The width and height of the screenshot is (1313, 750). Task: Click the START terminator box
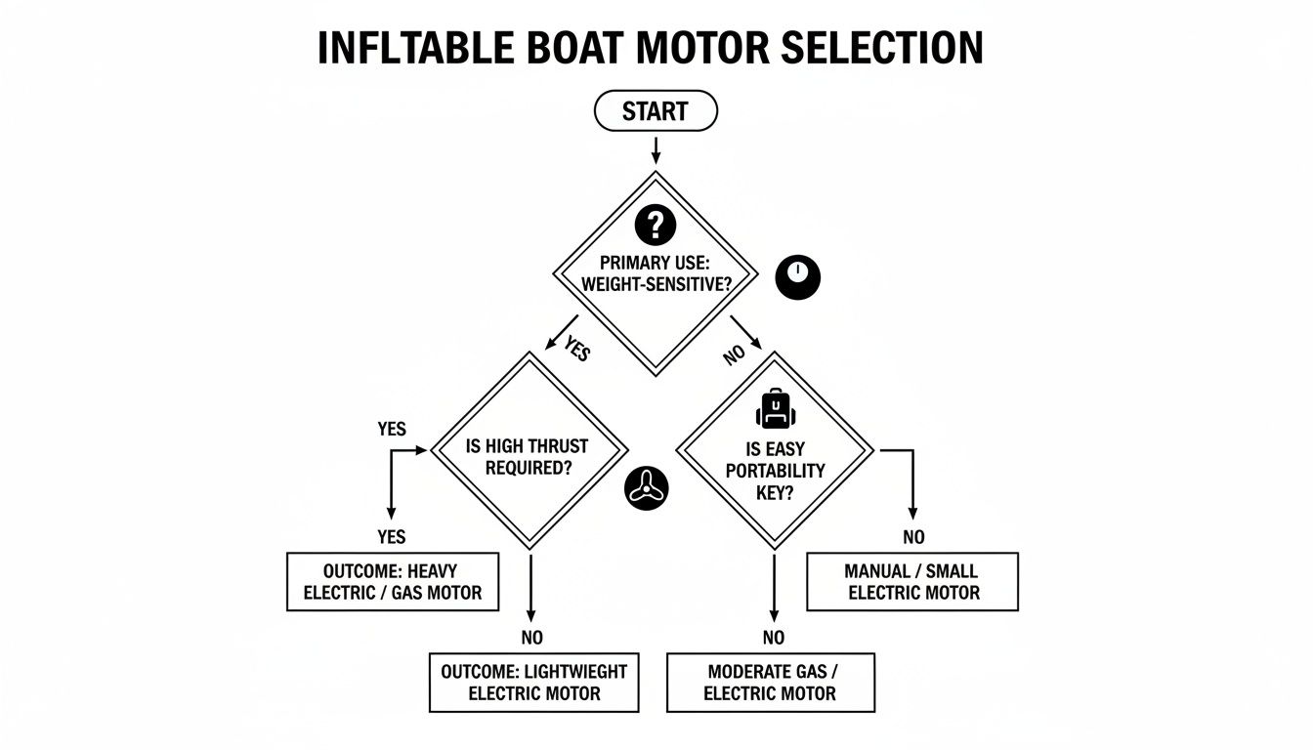tap(656, 111)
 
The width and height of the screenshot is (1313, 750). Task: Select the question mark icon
tap(655, 226)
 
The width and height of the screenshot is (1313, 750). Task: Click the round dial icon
tap(798, 277)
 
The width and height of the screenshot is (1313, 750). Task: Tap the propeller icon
tap(646, 485)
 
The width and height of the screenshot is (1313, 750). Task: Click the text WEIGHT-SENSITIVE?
tap(655, 283)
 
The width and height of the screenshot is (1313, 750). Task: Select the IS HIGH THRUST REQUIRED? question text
tap(528, 457)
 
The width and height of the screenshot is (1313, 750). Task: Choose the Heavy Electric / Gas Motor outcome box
tap(392, 582)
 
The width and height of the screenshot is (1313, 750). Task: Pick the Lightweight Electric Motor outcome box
tap(533, 684)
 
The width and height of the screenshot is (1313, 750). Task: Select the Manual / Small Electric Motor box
tap(913, 582)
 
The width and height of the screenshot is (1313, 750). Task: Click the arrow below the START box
tap(656, 148)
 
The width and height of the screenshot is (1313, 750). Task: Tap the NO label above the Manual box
tap(913, 537)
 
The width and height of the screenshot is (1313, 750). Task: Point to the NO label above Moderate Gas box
tap(773, 638)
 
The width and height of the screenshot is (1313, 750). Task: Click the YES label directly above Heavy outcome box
tap(392, 537)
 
